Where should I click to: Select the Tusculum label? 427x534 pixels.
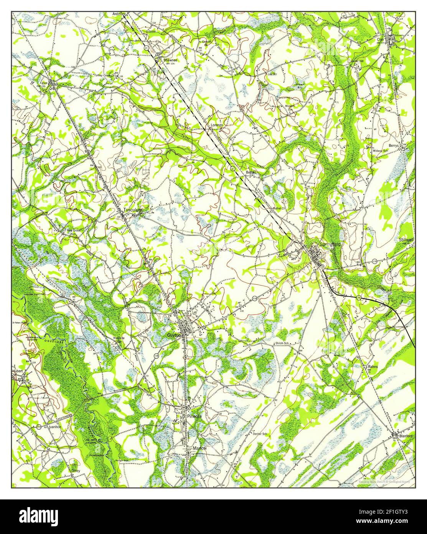tap(133, 210)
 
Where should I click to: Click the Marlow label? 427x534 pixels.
tap(199, 448)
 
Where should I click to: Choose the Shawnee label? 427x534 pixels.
tap(170, 60)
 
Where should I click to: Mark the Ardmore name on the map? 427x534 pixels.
tap(119, 14)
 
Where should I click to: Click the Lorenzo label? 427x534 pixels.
tap(217, 125)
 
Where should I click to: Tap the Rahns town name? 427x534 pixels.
tap(373, 367)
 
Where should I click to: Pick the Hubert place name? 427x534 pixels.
tap(18, 371)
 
